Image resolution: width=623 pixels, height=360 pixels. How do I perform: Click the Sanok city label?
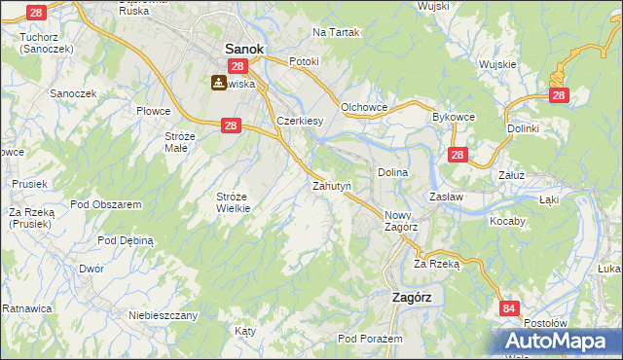pos(244,47)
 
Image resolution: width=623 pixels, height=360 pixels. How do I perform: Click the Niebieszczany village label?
pos(164,315)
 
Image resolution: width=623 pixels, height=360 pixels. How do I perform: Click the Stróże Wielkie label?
pos(234,201)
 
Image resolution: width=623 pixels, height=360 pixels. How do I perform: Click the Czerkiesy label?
pos(300,121)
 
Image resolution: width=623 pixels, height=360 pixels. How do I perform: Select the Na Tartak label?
pos(336,32)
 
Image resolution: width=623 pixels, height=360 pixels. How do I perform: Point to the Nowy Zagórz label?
pos(401,221)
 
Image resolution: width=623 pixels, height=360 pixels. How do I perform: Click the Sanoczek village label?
pos(71,94)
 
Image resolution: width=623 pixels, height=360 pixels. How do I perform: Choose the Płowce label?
pos(154,112)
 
